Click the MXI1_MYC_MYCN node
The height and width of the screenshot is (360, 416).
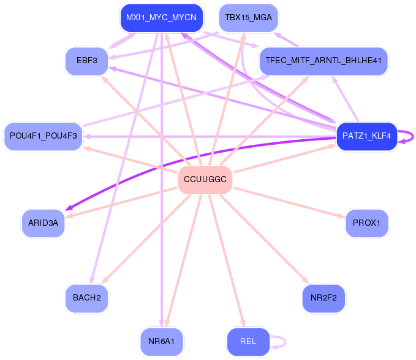click(x=162, y=18)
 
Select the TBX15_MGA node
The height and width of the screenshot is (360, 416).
click(x=248, y=18)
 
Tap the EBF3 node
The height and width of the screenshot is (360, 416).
click(x=87, y=61)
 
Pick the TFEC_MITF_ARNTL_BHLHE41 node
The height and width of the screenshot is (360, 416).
click(x=323, y=61)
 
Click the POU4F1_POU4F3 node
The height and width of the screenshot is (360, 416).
click(x=43, y=136)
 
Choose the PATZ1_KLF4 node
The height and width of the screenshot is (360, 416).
click(x=366, y=136)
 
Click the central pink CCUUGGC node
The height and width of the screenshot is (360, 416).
click(x=205, y=180)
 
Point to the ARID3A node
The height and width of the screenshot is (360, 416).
click(x=43, y=223)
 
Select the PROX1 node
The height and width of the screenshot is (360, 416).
click(x=366, y=223)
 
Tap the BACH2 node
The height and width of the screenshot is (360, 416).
click(x=87, y=298)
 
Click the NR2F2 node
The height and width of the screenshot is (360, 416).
click(x=323, y=298)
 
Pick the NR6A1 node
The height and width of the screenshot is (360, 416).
click(x=162, y=342)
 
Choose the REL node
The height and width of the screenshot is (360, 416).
click(x=248, y=342)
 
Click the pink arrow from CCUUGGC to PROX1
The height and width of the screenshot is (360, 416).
click(x=289, y=202)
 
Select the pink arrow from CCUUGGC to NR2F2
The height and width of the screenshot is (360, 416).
click(x=265, y=239)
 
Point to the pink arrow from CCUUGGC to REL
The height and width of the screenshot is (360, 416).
click(x=227, y=261)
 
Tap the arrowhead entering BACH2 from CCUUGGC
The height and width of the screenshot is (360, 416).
click(x=105, y=280)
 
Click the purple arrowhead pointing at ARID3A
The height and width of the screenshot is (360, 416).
click(x=69, y=208)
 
